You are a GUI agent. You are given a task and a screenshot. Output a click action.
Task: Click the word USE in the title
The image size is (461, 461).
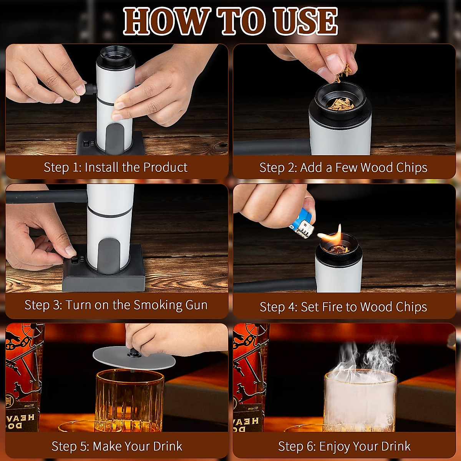click(x=306, y=22)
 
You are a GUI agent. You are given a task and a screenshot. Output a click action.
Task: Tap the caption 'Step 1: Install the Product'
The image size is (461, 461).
click(x=116, y=167)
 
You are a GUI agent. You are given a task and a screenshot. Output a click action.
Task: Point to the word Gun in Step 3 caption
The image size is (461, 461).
click(x=196, y=305)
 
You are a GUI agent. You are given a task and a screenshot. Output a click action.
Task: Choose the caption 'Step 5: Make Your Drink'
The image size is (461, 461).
click(x=117, y=446)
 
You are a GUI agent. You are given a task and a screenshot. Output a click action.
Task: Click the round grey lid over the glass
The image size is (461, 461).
click(x=134, y=358)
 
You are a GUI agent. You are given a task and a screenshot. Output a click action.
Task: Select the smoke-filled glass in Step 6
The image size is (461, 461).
click(x=360, y=400)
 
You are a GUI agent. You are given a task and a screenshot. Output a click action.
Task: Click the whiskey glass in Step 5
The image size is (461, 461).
click(x=129, y=400)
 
